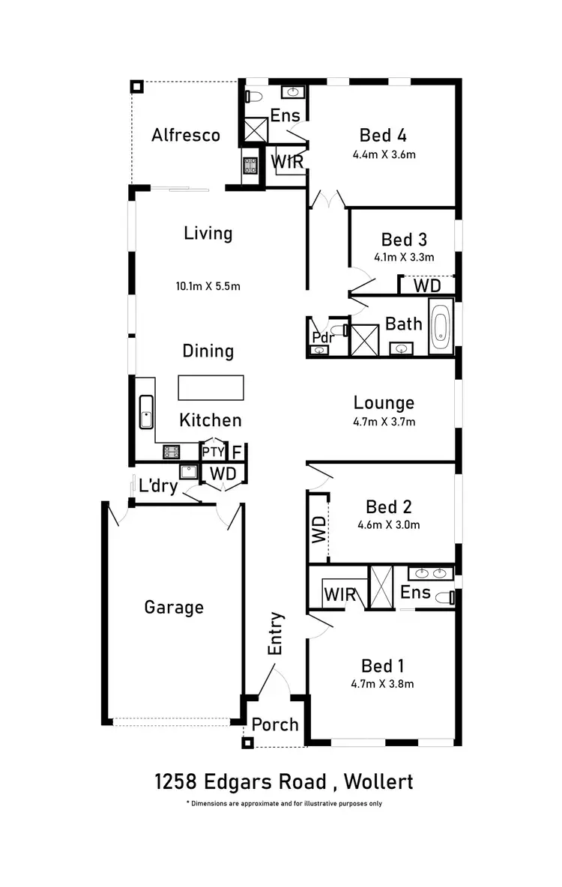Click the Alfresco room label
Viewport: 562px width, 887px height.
(186, 135)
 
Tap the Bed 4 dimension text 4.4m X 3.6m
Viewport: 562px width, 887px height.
(384, 155)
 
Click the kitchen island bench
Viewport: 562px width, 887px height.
(211, 387)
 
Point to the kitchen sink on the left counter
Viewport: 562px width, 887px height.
(145, 412)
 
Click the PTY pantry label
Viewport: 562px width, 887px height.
(213, 452)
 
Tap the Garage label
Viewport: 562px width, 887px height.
(174, 607)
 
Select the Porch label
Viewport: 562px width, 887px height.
(275, 724)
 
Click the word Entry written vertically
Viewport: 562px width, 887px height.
(276, 634)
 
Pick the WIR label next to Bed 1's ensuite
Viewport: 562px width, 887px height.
(339, 596)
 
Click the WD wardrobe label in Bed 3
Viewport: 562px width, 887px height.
(428, 286)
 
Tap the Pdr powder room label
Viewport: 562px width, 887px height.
(322, 336)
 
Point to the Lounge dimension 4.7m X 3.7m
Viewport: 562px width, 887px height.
(384, 422)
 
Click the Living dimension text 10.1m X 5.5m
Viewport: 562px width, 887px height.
(208, 285)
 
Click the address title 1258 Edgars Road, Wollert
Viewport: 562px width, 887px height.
(283, 782)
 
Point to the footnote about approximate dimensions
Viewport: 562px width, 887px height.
(283, 804)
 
